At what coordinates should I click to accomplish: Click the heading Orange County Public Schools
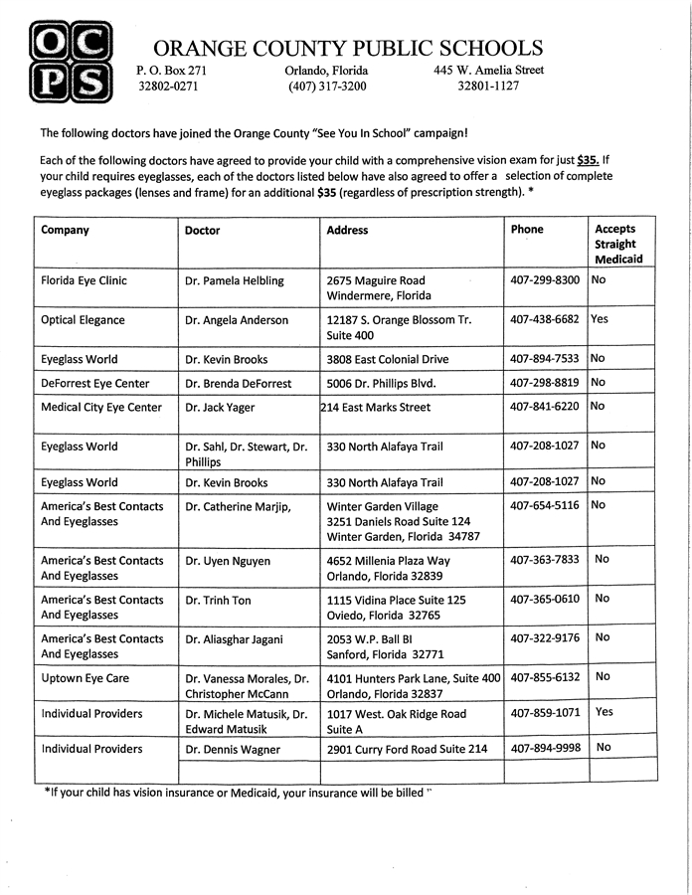tap(348, 48)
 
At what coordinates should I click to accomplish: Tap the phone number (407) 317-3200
tap(327, 87)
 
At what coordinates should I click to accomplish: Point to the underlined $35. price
tap(589, 159)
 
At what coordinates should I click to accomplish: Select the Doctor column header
tap(203, 230)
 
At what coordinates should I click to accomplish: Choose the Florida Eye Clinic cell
tap(85, 280)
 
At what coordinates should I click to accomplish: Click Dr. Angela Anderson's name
tap(237, 320)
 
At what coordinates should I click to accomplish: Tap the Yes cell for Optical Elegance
tap(600, 319)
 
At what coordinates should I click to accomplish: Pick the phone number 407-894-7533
tap(545, 359)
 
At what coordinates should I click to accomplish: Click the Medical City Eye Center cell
tap(101, 407)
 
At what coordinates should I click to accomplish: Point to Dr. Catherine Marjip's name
tap(238, 507)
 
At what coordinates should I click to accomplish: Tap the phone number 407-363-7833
tap(545, 560)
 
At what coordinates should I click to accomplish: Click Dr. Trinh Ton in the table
tap(218, 600)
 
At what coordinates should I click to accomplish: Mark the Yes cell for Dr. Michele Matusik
tap(604, 712)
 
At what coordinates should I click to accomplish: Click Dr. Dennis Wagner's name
tap(233, 749)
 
